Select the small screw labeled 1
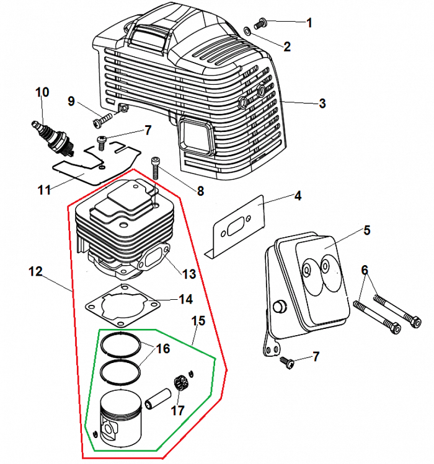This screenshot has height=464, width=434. click(x=260, y=23)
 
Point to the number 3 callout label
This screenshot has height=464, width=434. click(x=322, y=103)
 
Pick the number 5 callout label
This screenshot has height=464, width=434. click(x=366, y=230)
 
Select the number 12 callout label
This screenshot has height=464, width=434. click(x=35, y=271)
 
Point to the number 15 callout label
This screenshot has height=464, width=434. click(x=198, y=321)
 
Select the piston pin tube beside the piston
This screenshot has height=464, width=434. click(x=158, y=396)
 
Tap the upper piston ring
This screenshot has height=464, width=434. click(x=122, y=341)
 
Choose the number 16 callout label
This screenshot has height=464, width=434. click(x=162, y=349)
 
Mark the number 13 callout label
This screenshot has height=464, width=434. click(x=189, y=273)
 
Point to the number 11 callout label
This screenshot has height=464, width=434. click(x=44, y=190)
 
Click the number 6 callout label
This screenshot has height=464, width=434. click(x=365, y=270)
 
